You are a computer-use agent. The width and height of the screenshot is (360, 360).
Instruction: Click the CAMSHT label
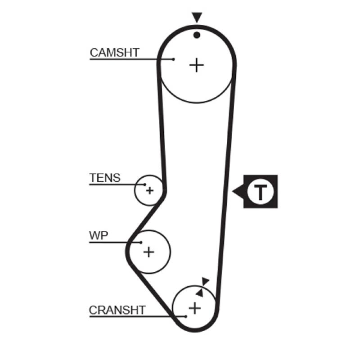[114, 52]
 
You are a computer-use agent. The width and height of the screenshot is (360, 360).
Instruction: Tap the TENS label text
[105, 178]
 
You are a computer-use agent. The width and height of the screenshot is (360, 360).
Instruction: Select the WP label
[99, 236]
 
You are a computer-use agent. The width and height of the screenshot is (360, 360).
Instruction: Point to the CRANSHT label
[117, 310]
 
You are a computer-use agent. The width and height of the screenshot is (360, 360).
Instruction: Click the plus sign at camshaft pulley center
[196, 65]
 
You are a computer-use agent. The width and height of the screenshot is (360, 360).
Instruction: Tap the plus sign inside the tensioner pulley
[149, 190]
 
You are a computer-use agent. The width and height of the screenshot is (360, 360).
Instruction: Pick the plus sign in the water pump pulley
[148, 252]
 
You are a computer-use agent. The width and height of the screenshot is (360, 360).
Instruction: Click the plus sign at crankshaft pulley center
[194, 308]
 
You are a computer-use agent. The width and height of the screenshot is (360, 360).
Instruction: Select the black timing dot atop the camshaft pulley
[196, 35]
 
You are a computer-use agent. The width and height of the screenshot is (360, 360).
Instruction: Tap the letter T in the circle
[260, 192]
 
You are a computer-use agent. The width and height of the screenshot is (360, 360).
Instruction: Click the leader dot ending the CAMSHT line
[174, 59]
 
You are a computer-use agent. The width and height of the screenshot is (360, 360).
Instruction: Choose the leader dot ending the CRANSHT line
[185, 316]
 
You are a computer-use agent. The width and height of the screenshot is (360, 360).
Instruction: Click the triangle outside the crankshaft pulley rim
[206, 281]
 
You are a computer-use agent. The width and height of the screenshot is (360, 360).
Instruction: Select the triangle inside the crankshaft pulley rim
[199, 292]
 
